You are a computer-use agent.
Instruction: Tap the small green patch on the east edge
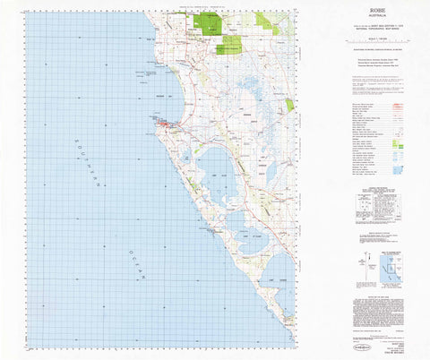[x=289, y=105]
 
